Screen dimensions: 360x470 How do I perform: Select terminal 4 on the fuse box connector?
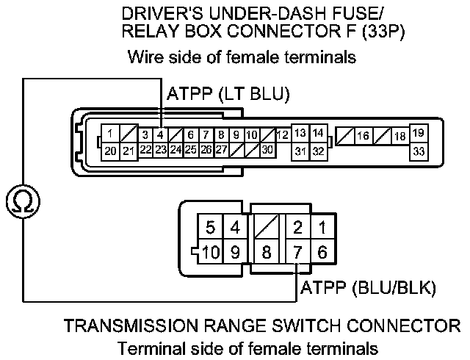pos(160,135)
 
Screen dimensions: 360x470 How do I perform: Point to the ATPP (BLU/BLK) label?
pos(369,288)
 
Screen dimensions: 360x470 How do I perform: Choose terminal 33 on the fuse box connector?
pos(419,151)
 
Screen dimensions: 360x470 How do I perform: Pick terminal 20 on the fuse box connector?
pos(110,151)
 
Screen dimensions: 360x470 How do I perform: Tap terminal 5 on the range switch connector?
pos(211,226)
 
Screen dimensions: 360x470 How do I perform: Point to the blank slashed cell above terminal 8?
pos(267,226)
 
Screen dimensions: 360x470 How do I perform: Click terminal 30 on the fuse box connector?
pos(267,150)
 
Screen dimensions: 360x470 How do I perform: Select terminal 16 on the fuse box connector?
pos(363,136)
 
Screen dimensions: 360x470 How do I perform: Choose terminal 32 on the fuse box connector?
pos(318,151)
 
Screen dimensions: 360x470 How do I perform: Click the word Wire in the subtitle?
pos(144,57)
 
